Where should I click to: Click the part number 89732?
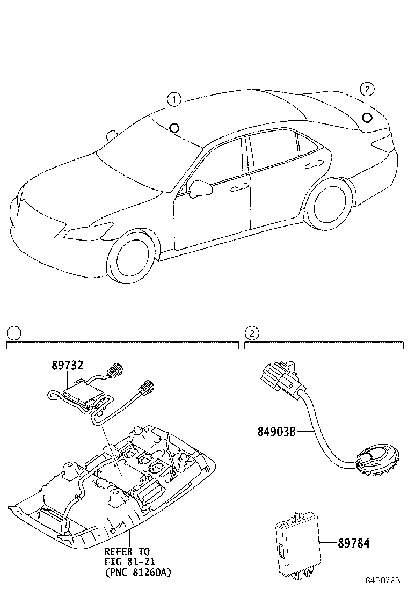tap(67, 366)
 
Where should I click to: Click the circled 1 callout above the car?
tap(173, 99)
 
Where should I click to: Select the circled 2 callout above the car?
tap(367, 89)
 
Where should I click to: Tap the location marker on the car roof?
tap(173, 127)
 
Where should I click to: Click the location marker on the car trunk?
tap(367, 118)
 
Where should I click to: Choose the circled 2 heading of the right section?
tap(251, 333)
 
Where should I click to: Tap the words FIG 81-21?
tap(127, 562)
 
